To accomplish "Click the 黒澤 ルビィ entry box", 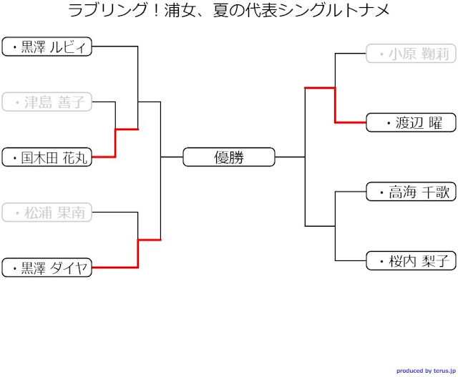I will (x=47, y=47).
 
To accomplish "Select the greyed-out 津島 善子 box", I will (x=47, y=102).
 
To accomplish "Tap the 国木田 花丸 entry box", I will (x=47, y=157).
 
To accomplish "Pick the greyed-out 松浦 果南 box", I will (x=47, y=212).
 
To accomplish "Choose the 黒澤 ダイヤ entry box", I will (x=47, y=268).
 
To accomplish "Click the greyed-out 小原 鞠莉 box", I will (x=411, y=54).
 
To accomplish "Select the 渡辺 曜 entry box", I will (x=411, y=122).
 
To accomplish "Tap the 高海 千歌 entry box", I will (x=411, y=192).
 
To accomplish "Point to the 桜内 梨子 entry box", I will (x=411, y=260).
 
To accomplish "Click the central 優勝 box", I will (x=229, y=157).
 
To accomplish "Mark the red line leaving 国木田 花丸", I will (x=104, y=157).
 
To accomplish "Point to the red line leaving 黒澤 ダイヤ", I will (x=114, y=268).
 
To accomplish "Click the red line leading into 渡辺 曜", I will (x=351, y=122).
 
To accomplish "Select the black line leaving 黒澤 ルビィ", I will (x=114, y=47).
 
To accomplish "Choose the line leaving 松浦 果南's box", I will (x=114, y=212).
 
